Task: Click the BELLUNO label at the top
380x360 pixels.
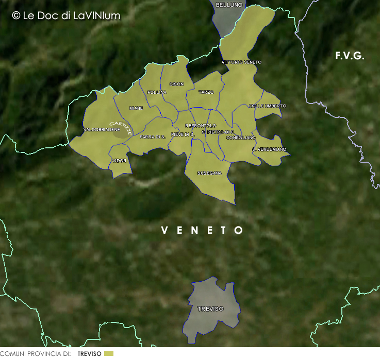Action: pos(229,5)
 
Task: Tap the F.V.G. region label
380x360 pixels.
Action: pos(350,56)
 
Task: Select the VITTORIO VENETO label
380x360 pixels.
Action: pos(241,62)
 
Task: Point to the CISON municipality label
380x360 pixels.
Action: pos(176,84)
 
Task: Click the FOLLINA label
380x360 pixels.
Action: pos(157,92)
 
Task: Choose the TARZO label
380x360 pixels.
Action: pos(206,92)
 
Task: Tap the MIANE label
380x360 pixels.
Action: pos(136,108)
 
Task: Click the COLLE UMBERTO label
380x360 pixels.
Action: pos(267,106)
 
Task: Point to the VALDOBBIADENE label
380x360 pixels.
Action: pos(102,129)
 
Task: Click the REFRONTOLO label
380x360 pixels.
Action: pos(201,126)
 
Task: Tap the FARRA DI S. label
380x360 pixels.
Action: pos(152,136)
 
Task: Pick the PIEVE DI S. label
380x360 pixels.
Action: pos(183,134)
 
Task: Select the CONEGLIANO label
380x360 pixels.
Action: pos(240,138)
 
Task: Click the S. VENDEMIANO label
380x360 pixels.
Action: pos(269,149)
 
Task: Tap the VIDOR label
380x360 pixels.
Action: pos(119,161)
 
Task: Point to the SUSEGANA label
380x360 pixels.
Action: pos(210,173)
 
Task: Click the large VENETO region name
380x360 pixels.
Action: pos(202,230)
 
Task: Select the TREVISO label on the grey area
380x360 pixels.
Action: pos(210,309)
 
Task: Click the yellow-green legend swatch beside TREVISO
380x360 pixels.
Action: pos(108,354)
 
